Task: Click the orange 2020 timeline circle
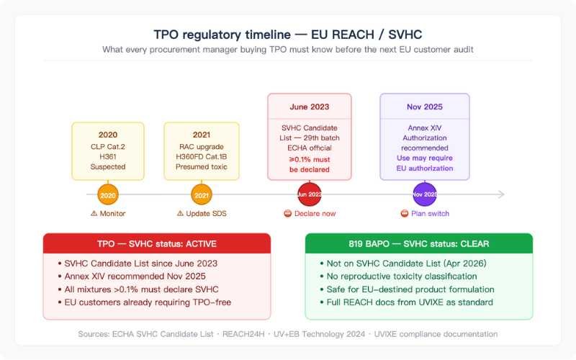click(x=108, y=194)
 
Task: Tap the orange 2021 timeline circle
click(x=202, y=194)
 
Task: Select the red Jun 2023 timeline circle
click(x=310, y=194)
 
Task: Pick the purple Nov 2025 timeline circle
click(x=425, y=194)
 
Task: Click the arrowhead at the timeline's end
click(x=501, y=194)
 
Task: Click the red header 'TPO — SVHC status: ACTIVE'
click(x=157, y=244)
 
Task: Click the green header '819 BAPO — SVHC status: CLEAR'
click(x=419, y=244)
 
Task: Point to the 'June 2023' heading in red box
click(x=310, y=107)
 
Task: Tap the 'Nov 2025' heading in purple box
click(x=425, y=107)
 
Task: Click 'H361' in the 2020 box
click(x=108, y=156)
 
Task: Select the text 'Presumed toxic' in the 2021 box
click(x=202, y=167)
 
